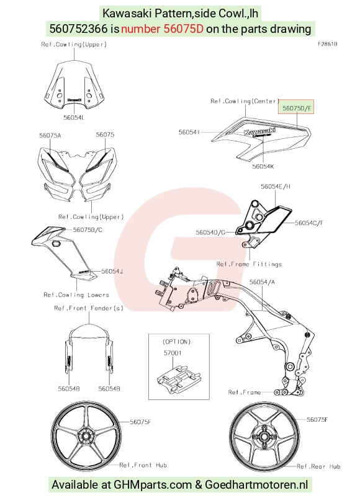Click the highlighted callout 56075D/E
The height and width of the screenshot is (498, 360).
[x=296, y=108]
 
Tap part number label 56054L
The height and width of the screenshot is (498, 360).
[x=74, y=117]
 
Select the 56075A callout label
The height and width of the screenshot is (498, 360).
[x=50, y=136]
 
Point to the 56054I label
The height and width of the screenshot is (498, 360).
[x=189, y=132]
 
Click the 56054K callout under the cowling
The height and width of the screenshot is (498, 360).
[x=263, y=166]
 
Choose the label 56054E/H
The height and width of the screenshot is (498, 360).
[x=276, y=187]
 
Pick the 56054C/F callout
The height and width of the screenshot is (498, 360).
[x=309, y=223]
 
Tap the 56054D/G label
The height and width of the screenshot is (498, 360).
[x=210, y=233]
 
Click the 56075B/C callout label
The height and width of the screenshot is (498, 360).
[x=88, y=229]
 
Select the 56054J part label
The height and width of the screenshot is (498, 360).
[x=112, y=271]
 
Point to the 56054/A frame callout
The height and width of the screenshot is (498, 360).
[x=262, y=282]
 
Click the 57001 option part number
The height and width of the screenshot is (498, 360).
[x=173, y=353]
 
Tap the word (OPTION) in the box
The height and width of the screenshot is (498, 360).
[x=177, y=342]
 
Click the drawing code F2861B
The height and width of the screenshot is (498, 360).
[x=328, y=44]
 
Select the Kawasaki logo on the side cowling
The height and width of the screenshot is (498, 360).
[x=259, y=131]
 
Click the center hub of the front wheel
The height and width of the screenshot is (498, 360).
[x=86, y=436]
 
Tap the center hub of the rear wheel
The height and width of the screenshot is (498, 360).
[x=264, y=437]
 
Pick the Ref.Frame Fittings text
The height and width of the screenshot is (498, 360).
[x=249, y=264]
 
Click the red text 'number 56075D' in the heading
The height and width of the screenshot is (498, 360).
[x=162, y=29]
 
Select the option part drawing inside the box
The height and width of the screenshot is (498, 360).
[x=178, y=380]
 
